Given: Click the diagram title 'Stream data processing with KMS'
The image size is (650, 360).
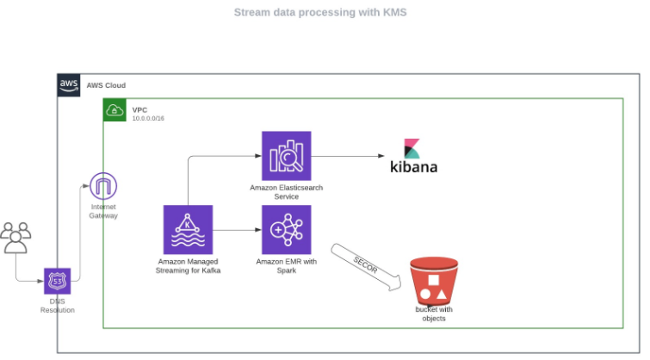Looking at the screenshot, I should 320,13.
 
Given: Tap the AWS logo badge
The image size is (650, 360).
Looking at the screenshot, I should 69,85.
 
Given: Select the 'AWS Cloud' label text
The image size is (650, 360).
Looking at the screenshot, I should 106,85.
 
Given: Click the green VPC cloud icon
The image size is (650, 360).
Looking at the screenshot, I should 115,110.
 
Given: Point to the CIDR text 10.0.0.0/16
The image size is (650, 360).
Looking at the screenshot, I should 148,119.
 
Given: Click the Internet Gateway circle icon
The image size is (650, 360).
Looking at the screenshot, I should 103,186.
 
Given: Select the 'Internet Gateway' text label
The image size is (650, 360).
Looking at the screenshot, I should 103,211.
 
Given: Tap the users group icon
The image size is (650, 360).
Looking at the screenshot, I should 15,237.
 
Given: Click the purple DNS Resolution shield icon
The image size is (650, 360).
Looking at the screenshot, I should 58,281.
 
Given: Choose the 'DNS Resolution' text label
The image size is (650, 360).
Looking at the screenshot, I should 58,306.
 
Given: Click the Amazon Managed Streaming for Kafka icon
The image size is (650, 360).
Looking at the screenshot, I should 188,230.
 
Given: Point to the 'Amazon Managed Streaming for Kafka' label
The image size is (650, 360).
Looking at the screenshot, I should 188,265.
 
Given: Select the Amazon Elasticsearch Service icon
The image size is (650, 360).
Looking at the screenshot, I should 286,156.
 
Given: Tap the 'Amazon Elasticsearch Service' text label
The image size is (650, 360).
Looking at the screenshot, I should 286,192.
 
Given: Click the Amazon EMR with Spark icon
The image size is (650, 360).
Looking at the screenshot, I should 286,230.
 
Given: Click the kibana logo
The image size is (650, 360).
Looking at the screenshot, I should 413,156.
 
